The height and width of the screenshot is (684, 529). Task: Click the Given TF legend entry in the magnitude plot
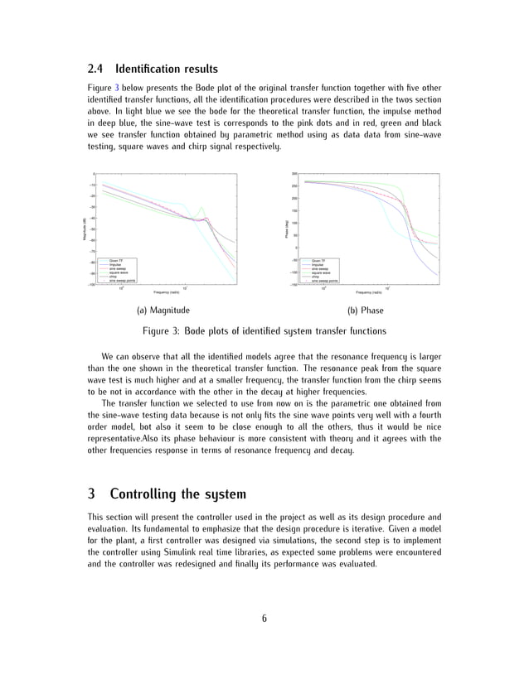(x=117, y=260)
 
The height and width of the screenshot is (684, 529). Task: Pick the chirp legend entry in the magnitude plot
(x=114, y=277)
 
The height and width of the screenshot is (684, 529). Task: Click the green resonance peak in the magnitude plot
(x=190, y=207)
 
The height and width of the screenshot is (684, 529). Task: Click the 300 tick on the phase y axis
(x=294, y=173)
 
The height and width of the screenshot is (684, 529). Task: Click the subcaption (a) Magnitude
(x=163, y=311)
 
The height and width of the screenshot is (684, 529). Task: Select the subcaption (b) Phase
(x=364, y=311)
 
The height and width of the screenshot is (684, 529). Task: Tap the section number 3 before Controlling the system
(x=91, y=494)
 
